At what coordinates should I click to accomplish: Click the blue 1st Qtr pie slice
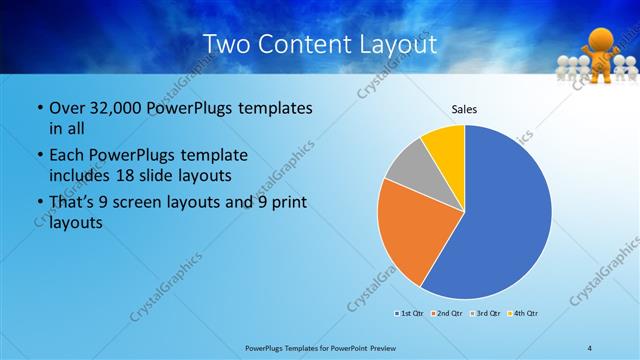pos(505,215)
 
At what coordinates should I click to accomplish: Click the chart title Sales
pos(465,109)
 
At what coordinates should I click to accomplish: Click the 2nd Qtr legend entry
pos(449,313)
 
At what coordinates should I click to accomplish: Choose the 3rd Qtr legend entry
pos(487,313)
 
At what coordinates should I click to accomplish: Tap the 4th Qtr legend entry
pos(526,313)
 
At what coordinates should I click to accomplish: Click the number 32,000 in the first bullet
pos(110,107)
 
